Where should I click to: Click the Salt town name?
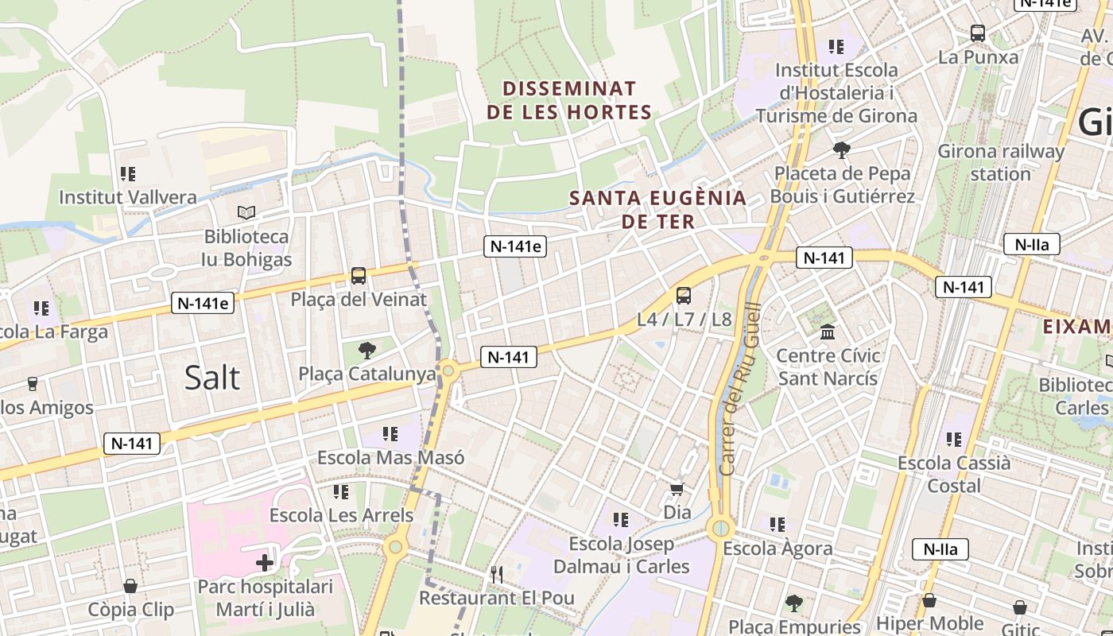tap(211, 377)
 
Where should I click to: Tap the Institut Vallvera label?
tap(127, 197)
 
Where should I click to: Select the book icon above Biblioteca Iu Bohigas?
tap(246, 212)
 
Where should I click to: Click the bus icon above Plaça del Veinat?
tap(359, 276)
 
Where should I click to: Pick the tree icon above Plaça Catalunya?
tap(366, 350)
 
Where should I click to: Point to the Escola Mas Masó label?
tap(390, 458)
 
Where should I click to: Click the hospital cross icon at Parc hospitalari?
tap(265, 563)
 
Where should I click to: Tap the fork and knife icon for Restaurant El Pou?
tap(497, 573)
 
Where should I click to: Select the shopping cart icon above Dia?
tap(677, 489)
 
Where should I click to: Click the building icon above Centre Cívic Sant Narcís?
tap(828, 332)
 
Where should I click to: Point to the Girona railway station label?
tap(1000, 162)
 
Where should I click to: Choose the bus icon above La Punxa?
tap(978, 33)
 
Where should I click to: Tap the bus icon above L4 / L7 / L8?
tap(684, 296)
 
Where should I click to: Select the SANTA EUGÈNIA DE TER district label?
tap(658, 209)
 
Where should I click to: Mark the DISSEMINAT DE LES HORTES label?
tap(569, 100)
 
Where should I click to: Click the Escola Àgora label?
tap(778, 548)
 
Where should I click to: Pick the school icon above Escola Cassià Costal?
tap(954, 439)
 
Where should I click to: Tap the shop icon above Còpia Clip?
tap(130, 586)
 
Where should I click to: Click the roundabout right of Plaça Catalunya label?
tap(448, 370)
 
